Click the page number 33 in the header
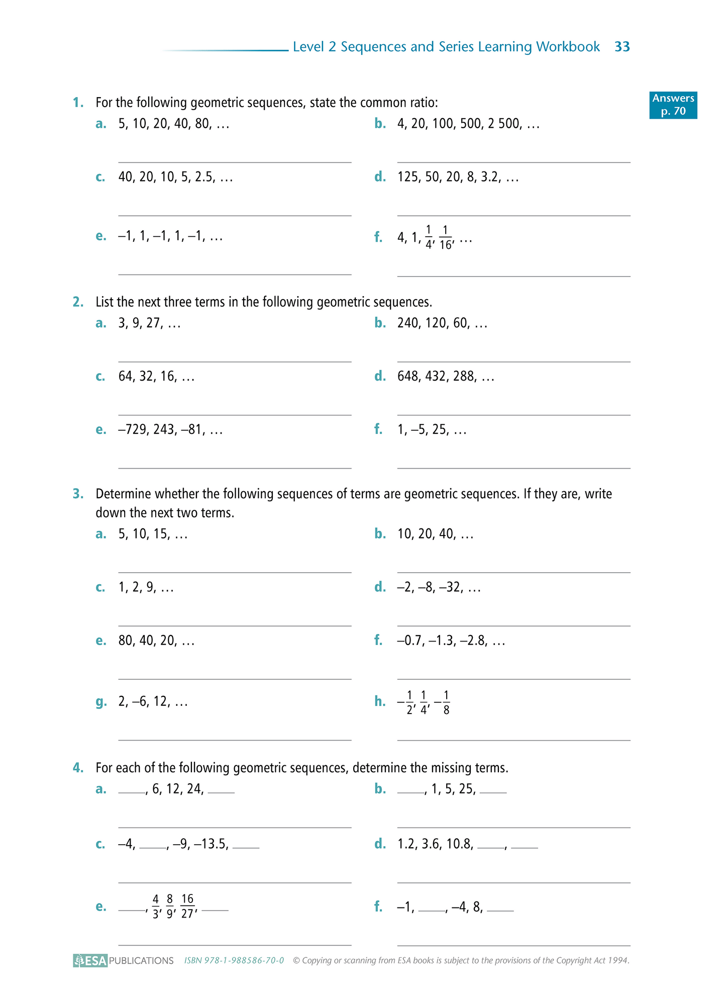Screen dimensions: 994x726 point(622,47)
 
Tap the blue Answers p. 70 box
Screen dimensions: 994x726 point(673,105)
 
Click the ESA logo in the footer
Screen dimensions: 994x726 point(90,960)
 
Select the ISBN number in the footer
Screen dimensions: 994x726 point(234,960)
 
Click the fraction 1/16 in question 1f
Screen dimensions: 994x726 point(445,238)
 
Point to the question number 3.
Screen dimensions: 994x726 point(78,494)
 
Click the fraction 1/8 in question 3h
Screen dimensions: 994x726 point(446,702)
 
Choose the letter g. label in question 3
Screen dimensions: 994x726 point(101,701)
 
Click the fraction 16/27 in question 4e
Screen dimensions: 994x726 point(187,906)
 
